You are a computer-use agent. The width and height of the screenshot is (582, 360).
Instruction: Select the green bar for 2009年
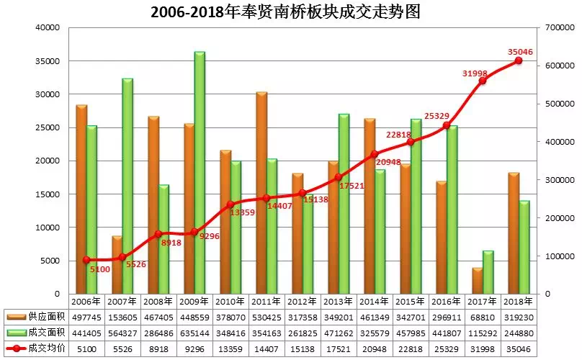(200, 173)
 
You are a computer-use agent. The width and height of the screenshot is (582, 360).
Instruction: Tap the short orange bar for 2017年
(477, 281)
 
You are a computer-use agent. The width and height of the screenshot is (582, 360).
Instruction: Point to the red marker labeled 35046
(518, 61)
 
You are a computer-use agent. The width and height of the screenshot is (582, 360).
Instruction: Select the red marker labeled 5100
(86, 260)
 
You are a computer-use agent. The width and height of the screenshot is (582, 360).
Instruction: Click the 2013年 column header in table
(339, 302)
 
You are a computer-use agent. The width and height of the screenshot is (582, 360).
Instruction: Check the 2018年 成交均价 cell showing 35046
(519, 347)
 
